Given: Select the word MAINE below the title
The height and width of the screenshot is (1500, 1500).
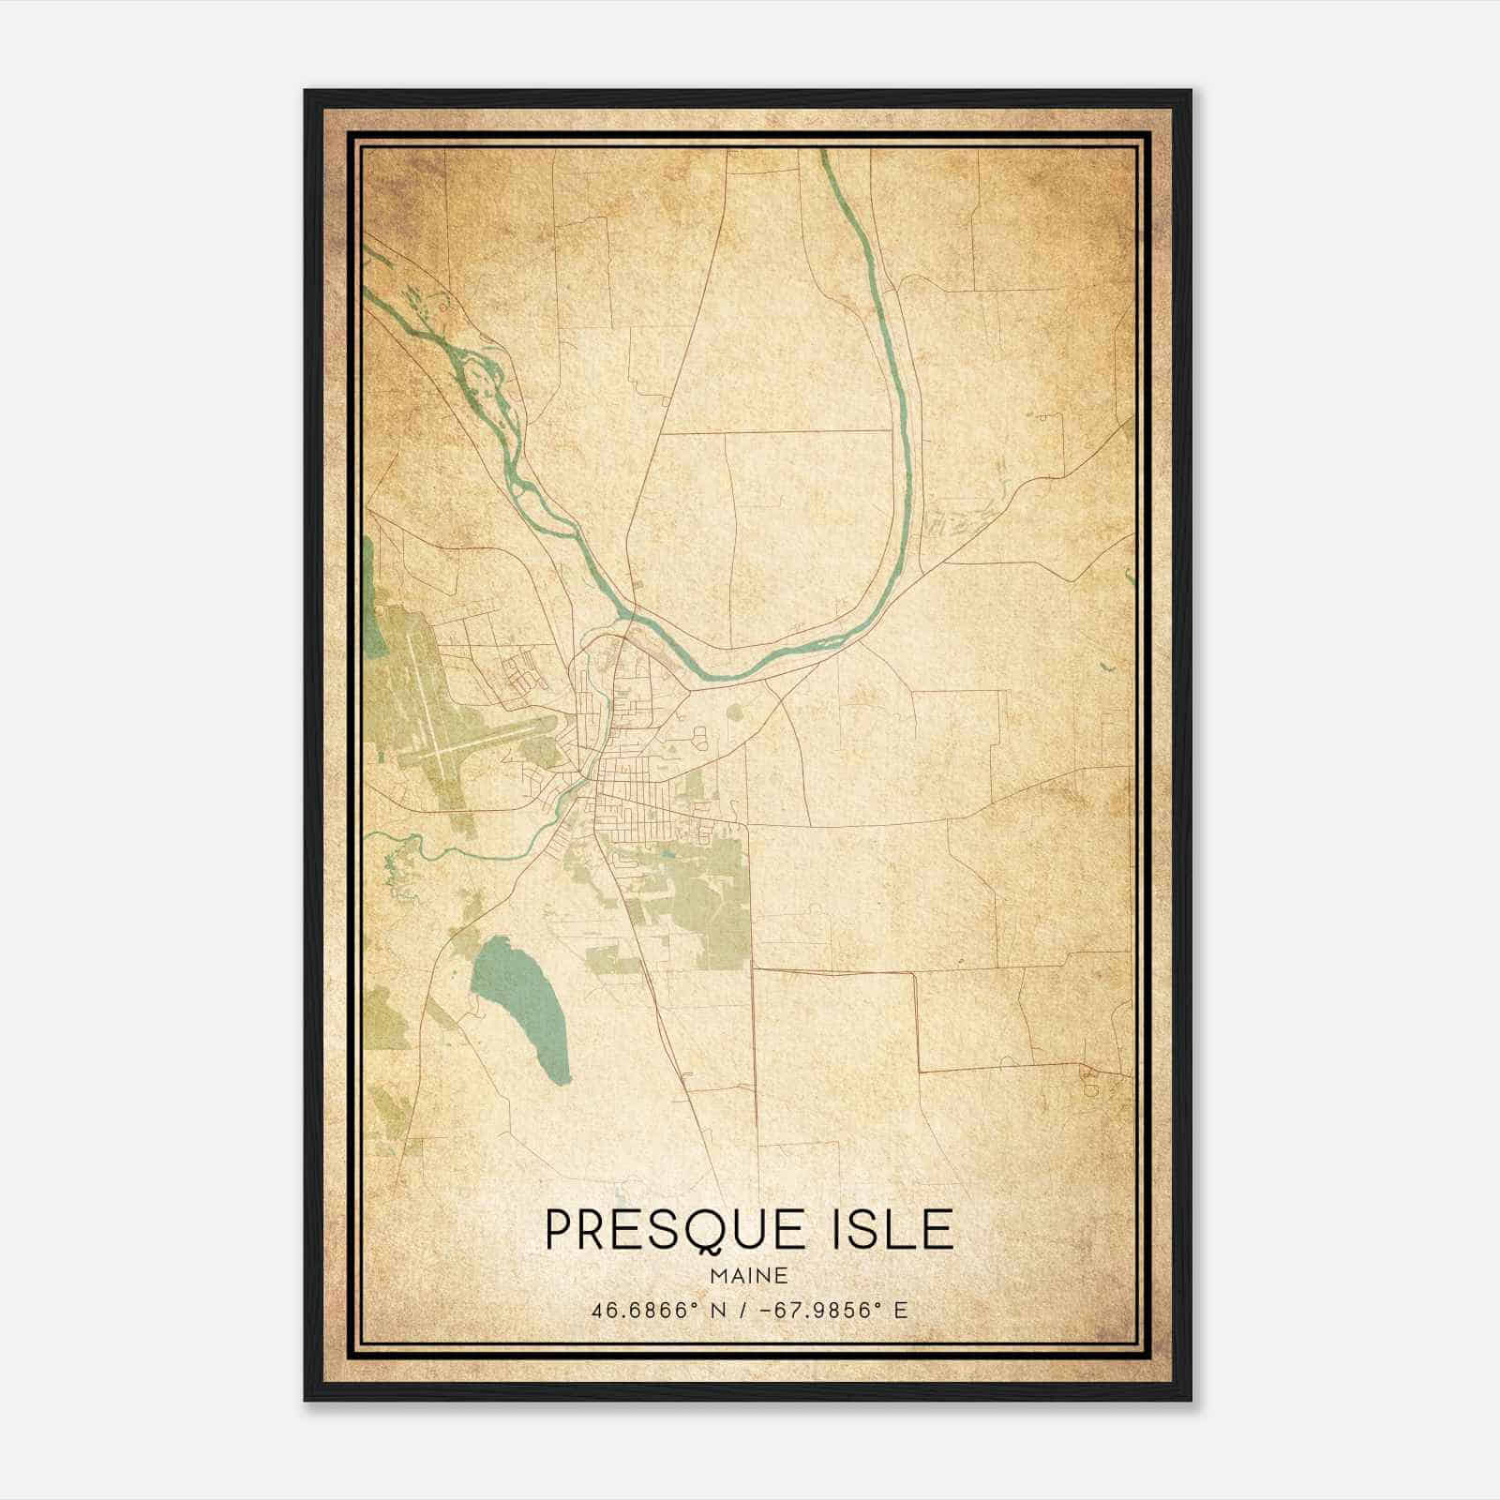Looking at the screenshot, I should [749, 1276].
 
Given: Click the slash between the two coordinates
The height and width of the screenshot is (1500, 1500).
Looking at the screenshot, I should [741, 1311].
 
